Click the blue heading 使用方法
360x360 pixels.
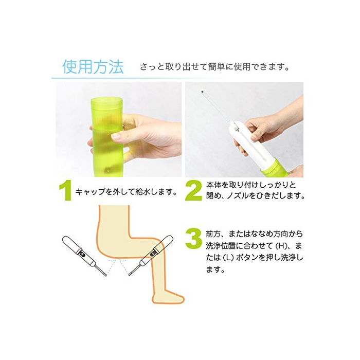coord(93,67)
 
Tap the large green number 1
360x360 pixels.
coord(66,191)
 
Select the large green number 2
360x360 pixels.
coord(193,191)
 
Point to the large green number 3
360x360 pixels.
coord(193,239)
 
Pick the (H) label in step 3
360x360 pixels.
coord(279,246)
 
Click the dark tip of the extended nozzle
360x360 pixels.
coord(203,92)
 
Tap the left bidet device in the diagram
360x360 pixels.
coord(84,255)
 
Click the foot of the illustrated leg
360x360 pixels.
coord(169,296)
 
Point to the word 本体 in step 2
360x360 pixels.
coord(213,185)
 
